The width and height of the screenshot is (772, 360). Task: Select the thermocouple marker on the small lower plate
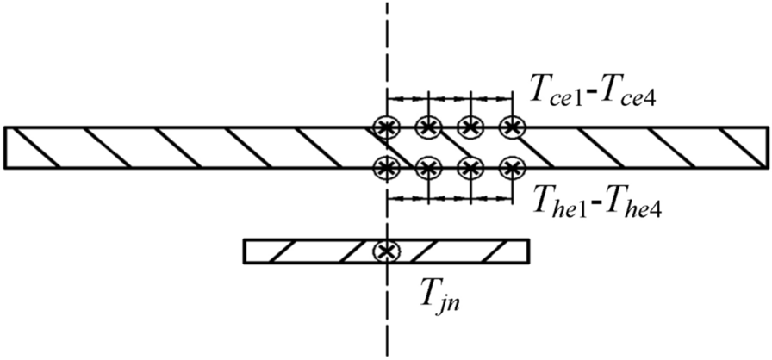pos(387,251)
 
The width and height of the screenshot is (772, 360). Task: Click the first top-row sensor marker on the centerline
pos(387,127)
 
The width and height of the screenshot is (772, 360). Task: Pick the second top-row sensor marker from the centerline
pos(428,127)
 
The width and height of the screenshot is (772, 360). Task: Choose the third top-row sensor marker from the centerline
pos(470,127)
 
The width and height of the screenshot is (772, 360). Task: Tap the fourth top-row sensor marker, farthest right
pos(512,127)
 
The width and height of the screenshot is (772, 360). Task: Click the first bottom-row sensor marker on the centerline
pos(387,165)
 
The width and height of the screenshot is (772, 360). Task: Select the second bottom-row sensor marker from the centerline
pos(428,165)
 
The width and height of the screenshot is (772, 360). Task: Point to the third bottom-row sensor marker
pos(470,165)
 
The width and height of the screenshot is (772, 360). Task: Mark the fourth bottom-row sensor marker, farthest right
pos(512,165)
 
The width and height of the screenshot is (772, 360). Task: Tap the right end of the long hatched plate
pos(765,147)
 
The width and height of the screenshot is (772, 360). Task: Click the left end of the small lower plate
pos(246,251)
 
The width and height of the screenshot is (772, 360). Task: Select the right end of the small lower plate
pos(526,251)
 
